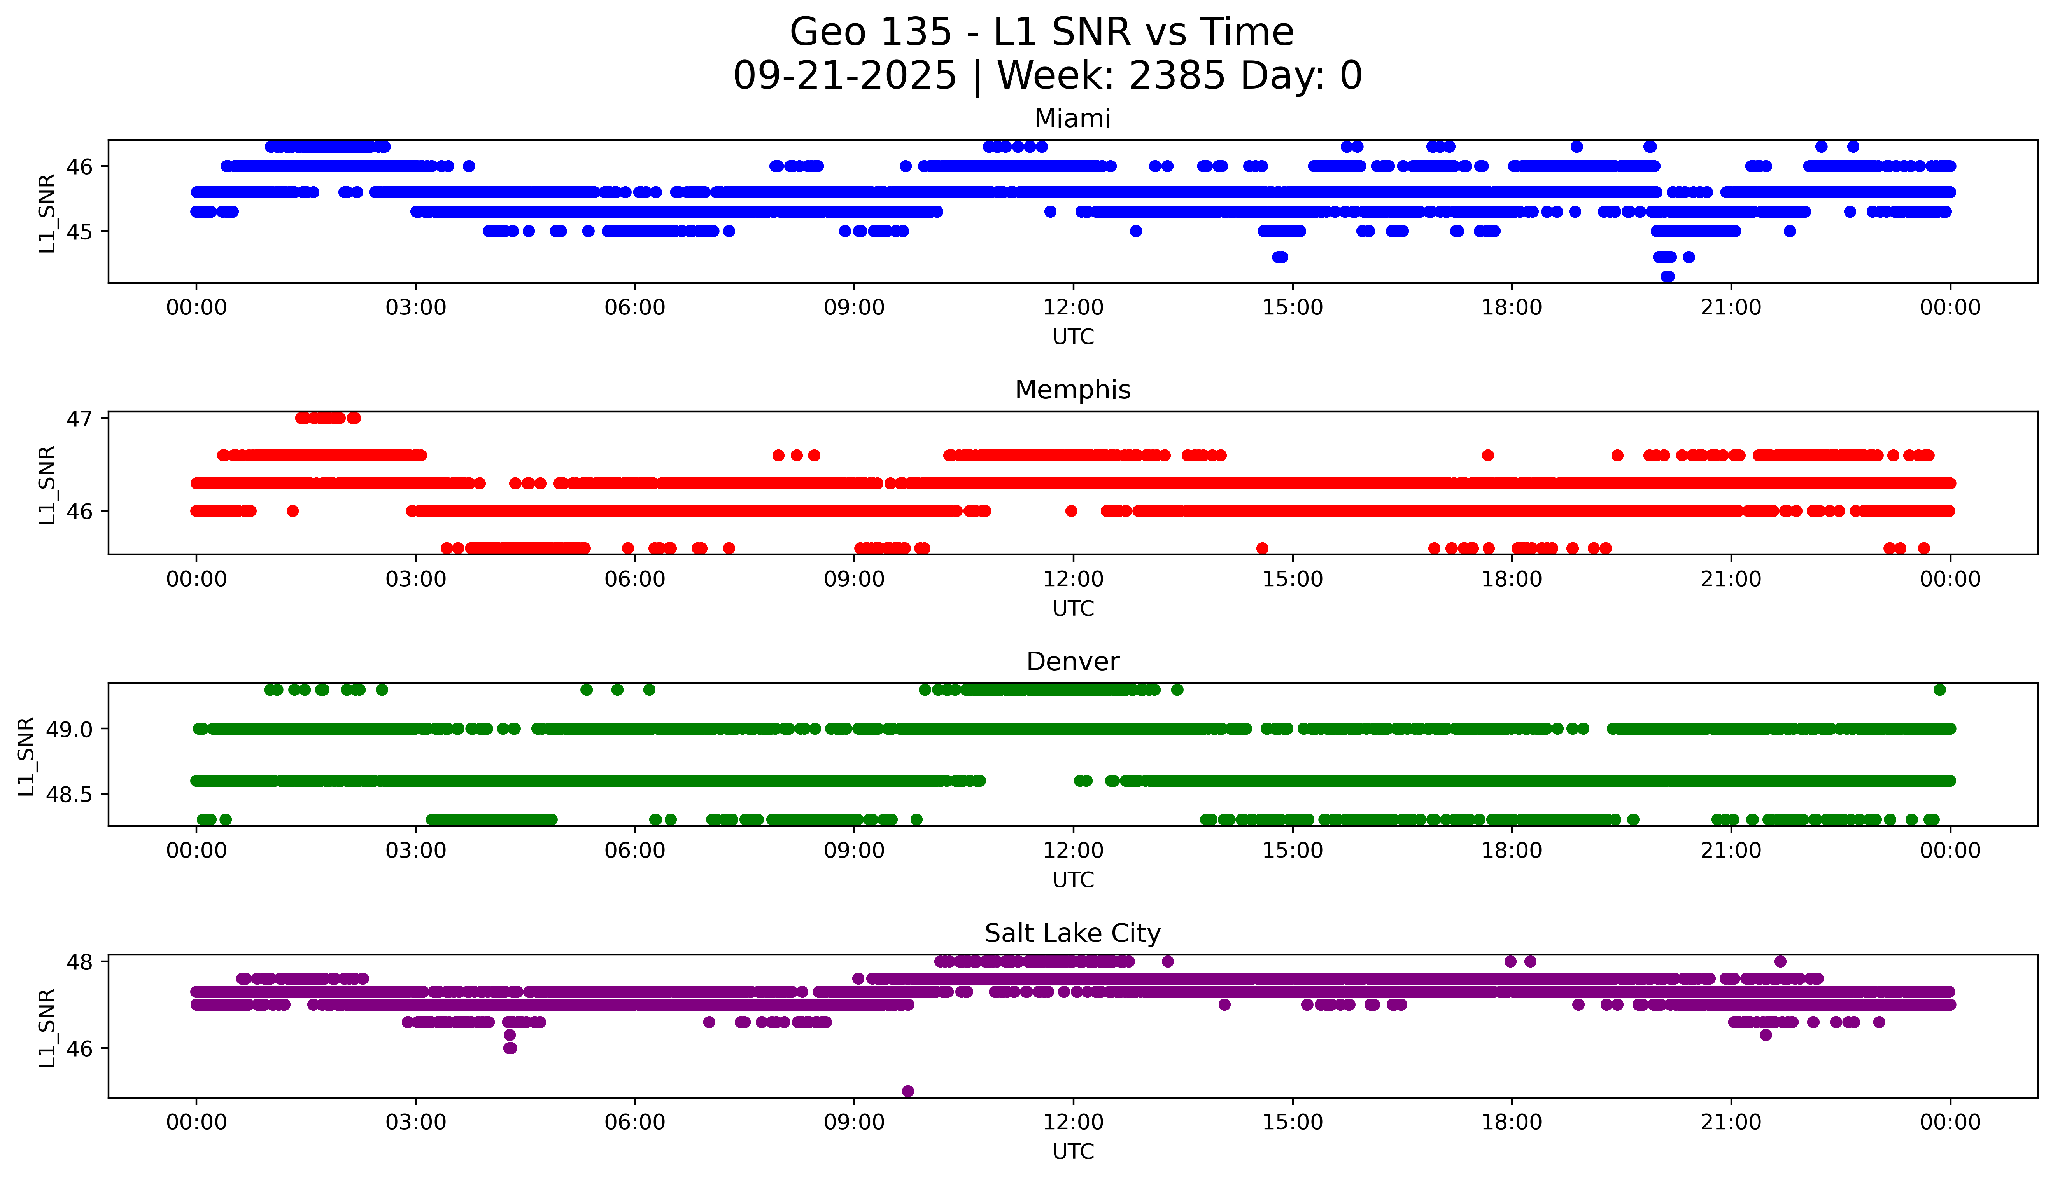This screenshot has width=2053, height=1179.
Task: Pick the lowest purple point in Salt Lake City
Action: (907, 1091)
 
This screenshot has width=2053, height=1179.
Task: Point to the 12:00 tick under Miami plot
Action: (1073, 308)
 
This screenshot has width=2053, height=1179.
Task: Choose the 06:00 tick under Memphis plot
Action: (634, 579)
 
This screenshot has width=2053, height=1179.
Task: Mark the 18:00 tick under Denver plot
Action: (1511, 850)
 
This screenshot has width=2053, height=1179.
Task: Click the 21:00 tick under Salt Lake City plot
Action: (1731, 1122)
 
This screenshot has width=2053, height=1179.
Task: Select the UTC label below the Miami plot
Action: (1073, 337)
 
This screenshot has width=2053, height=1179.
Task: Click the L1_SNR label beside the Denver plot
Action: (26, 756)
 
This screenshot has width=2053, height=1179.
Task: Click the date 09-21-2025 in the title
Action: (844, 76)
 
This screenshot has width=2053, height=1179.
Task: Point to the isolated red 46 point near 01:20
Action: (293, 511)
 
